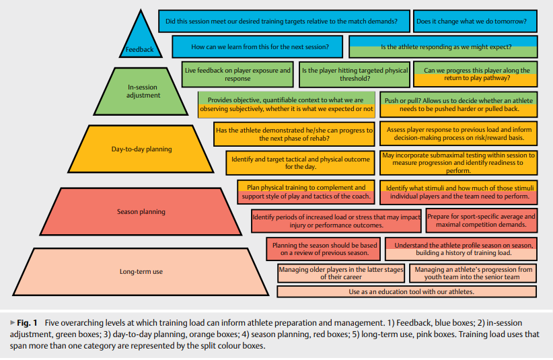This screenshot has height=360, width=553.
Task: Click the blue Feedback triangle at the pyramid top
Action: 140,40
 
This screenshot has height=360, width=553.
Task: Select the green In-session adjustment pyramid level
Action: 143,91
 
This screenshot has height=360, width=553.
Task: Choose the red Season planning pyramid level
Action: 141,211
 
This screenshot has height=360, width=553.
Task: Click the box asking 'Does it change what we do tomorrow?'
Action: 475,22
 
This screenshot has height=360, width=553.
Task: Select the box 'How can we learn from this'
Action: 259,47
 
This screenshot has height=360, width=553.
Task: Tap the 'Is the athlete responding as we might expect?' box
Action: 443,47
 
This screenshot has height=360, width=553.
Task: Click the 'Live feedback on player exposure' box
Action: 237,74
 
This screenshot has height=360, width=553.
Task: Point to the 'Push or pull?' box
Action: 458,104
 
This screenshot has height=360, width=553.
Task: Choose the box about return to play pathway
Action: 476,74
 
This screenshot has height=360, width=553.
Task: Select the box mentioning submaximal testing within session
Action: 458,163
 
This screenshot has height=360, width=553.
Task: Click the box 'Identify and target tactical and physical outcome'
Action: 300,163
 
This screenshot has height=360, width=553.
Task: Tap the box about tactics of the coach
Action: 305,192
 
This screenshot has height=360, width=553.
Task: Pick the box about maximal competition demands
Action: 481,221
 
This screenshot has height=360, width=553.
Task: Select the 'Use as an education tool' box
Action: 406,291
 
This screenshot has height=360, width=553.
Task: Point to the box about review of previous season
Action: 324,249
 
